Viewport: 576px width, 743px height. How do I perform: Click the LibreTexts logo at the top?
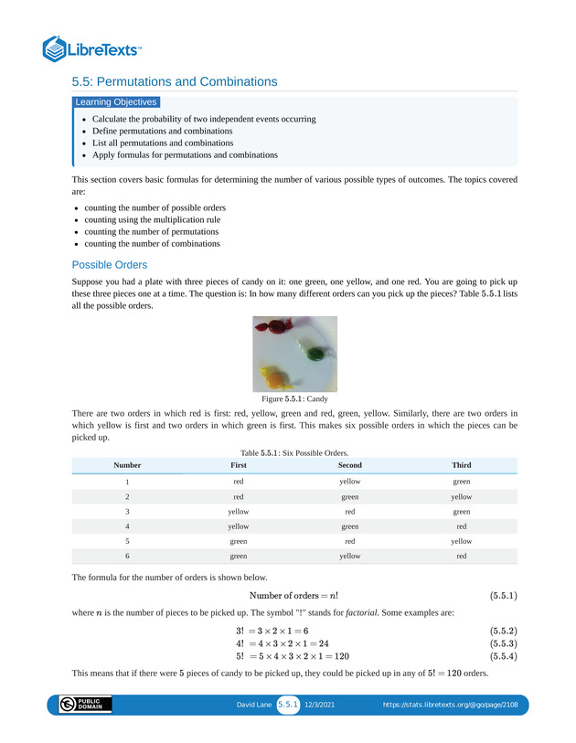[92, 48]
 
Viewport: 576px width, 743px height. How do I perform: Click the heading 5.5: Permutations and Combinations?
[175, 81]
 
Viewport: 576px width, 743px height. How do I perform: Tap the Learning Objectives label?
[116, 102]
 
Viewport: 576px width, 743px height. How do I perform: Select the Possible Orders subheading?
[109, 265]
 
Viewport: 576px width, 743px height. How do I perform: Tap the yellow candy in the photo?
[273, 374]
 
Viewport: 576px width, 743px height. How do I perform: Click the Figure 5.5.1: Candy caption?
[294, 399]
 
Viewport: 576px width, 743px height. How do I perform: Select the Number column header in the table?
[127, 465]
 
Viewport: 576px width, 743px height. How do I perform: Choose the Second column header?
[349, 465]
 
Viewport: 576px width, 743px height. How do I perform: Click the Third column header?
[462, 465]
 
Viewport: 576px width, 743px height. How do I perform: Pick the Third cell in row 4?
[462, 525]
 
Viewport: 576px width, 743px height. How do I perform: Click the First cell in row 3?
[238, 511]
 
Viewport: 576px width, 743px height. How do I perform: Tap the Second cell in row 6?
[349, 556]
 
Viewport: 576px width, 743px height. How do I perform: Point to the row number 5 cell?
[127, 541]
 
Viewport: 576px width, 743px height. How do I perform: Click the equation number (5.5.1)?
[503, 597]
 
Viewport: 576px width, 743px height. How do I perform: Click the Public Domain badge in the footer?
[85, 705]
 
